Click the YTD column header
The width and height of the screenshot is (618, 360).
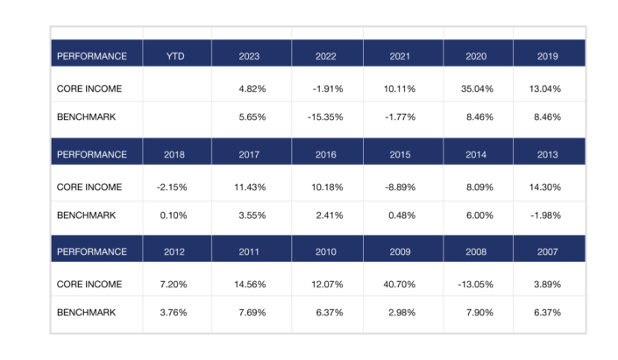[x=175, y=56]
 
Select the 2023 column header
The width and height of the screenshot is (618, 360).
[x=251, y=56]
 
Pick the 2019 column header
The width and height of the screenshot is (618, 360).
[x=549, y=56]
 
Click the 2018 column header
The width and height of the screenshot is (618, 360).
[x=175, y=154]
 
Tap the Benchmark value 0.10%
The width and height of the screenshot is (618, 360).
[x=178, y=214]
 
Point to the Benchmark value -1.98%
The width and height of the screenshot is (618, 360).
[x=546, y=214]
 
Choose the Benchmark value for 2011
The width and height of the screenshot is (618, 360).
[x=254, y=312]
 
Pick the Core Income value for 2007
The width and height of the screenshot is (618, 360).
[x=549, y=285]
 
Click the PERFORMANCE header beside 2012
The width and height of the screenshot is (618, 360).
[x=91, y=252]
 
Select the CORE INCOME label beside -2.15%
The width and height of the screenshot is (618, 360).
[x=89, y=187]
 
